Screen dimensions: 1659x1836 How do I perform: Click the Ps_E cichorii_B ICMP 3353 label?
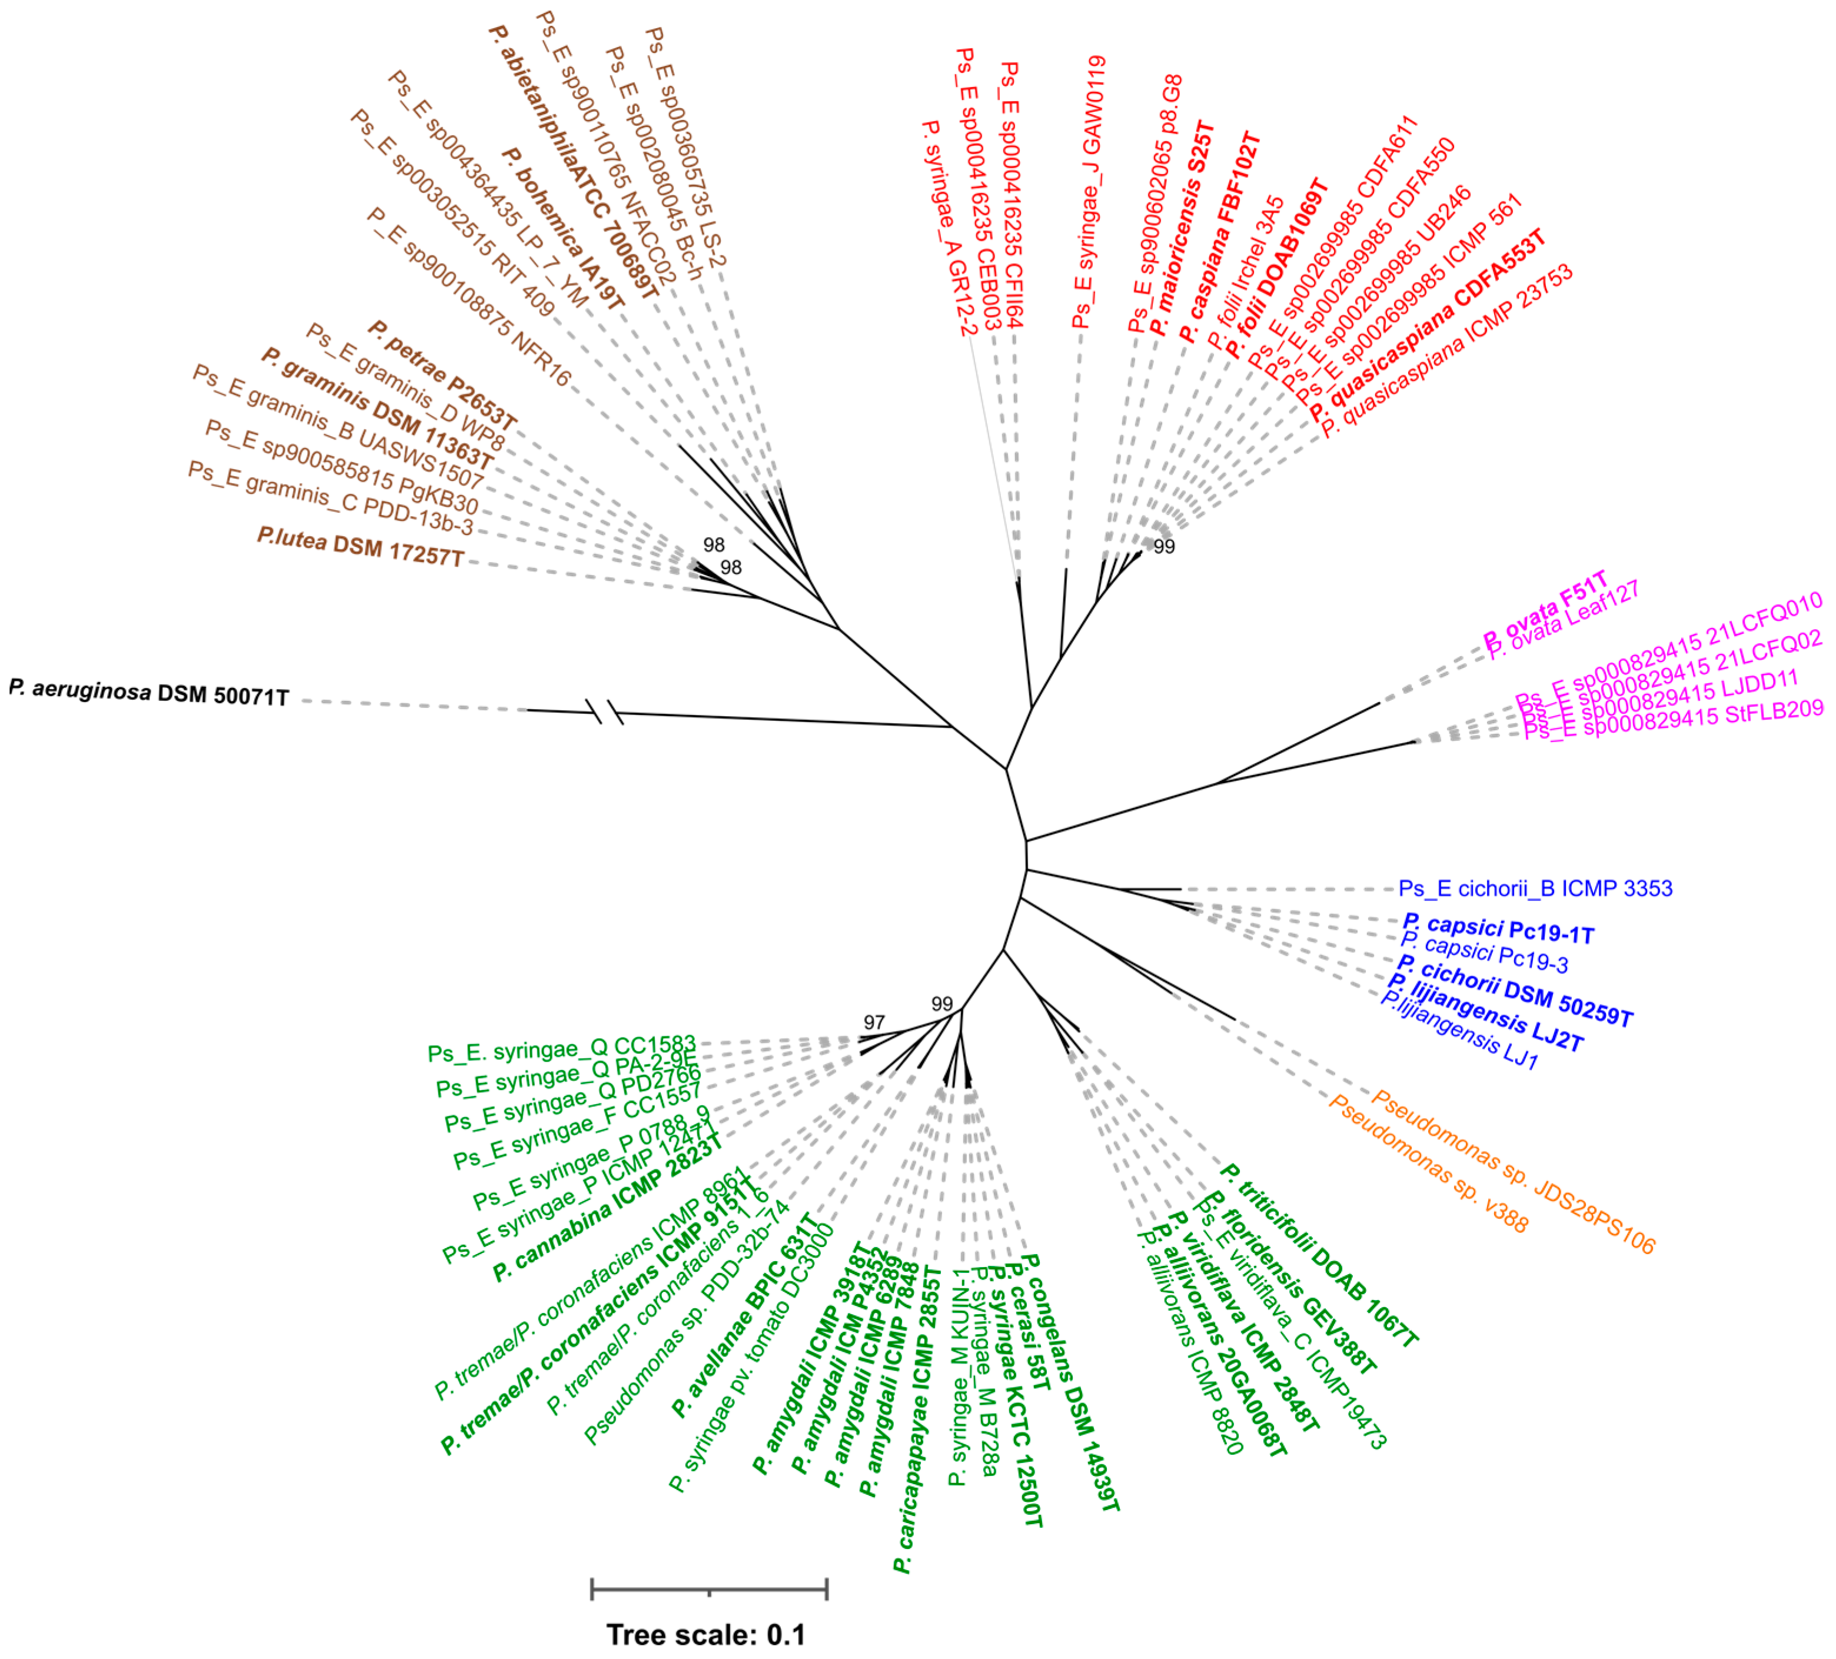1535,888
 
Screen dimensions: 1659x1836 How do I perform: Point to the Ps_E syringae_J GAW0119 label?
1089,192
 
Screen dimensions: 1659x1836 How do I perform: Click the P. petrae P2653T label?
443,375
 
